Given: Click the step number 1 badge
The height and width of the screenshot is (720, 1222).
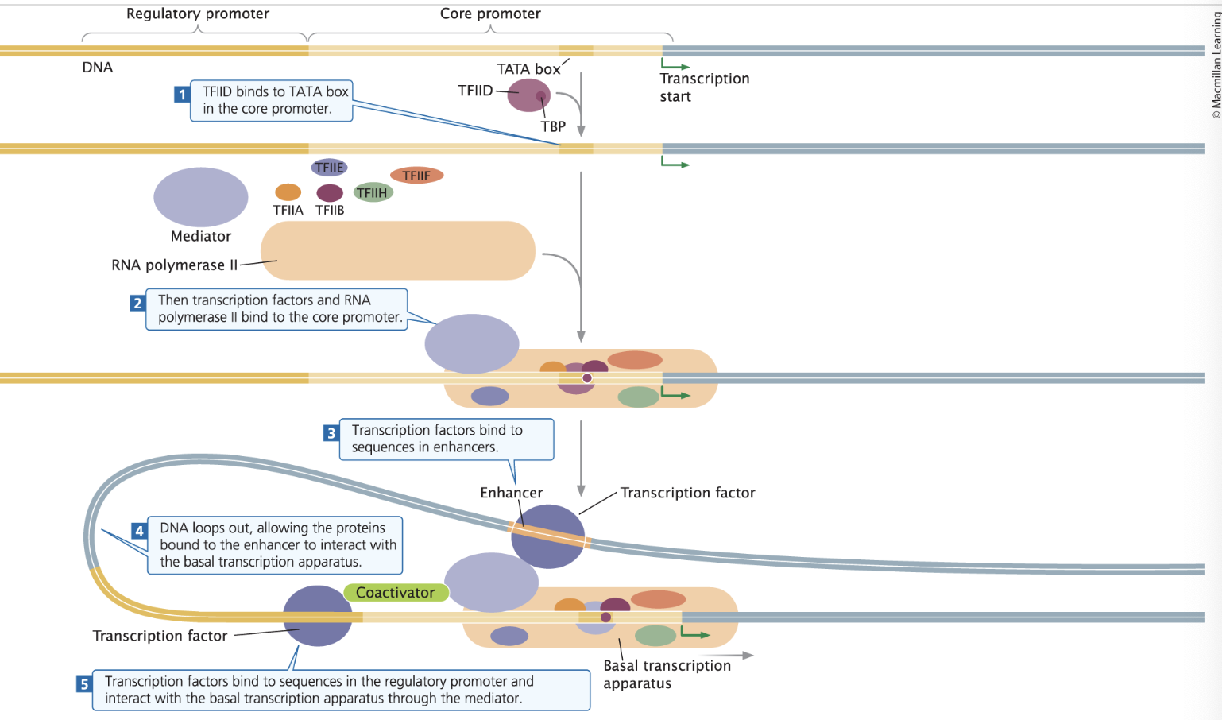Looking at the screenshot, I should [x=182, y=95].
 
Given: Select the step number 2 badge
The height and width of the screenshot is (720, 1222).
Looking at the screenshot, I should [x=137, y=303].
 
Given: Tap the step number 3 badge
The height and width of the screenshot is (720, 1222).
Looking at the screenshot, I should [x=331, y=433].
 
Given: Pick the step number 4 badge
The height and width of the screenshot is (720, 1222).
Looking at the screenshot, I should [x=139, y=531].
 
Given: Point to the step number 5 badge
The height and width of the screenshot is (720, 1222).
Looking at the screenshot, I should [x=84, y=684].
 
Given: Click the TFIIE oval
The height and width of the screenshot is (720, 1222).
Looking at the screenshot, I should [x=329, y=167].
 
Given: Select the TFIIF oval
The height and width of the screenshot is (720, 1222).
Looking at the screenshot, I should [x=416, y=176].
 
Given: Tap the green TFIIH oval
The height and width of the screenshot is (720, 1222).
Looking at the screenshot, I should [x=373, y=192].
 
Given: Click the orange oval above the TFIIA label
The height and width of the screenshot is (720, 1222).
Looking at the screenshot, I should [x=288, y=192].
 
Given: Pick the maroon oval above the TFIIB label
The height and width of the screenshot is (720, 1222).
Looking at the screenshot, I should [x=330, y=192].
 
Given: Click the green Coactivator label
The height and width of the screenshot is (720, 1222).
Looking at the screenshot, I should [x=396, y=593].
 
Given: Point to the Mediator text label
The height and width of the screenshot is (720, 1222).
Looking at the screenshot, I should [x=201, y=236].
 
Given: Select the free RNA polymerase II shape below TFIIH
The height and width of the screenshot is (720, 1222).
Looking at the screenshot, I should [x=398, y=250].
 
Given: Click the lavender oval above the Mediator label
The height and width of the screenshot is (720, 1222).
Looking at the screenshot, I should [x=201, y=197].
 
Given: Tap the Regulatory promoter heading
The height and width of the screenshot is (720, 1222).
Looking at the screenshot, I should [x=198, y=14].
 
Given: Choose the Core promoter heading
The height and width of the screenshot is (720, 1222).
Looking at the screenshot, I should [x=490, y=14].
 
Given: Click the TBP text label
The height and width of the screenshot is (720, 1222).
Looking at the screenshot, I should [x=553, y=126].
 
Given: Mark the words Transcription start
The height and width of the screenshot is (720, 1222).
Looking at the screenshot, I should [x=704, y=87].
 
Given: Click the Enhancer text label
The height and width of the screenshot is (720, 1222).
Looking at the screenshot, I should [x=511, y=493].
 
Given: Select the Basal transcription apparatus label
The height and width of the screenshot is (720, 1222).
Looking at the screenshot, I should [x=667, y=674].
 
